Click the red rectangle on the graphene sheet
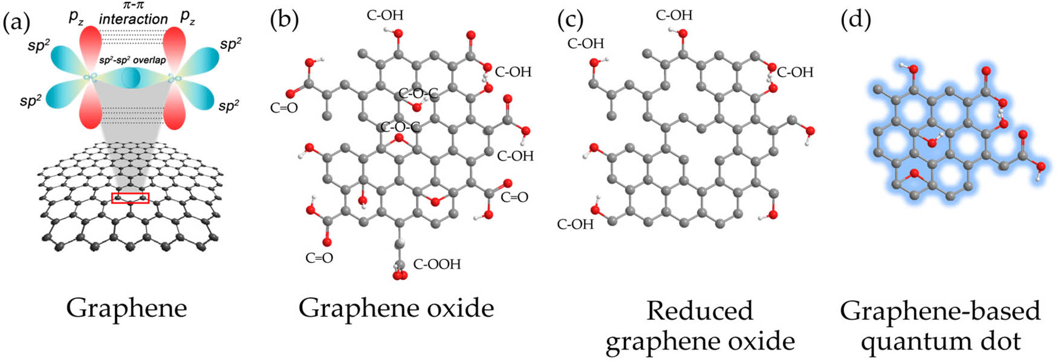130,198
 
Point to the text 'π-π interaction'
134,14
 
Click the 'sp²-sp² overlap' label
133,60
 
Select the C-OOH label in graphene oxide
437,264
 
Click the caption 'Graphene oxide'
396,308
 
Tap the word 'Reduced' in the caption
699,311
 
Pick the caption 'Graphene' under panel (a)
126,308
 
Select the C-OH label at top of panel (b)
385,15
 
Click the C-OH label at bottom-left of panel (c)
575,225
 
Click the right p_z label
188,18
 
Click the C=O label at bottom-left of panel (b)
319,258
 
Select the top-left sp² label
38,45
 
